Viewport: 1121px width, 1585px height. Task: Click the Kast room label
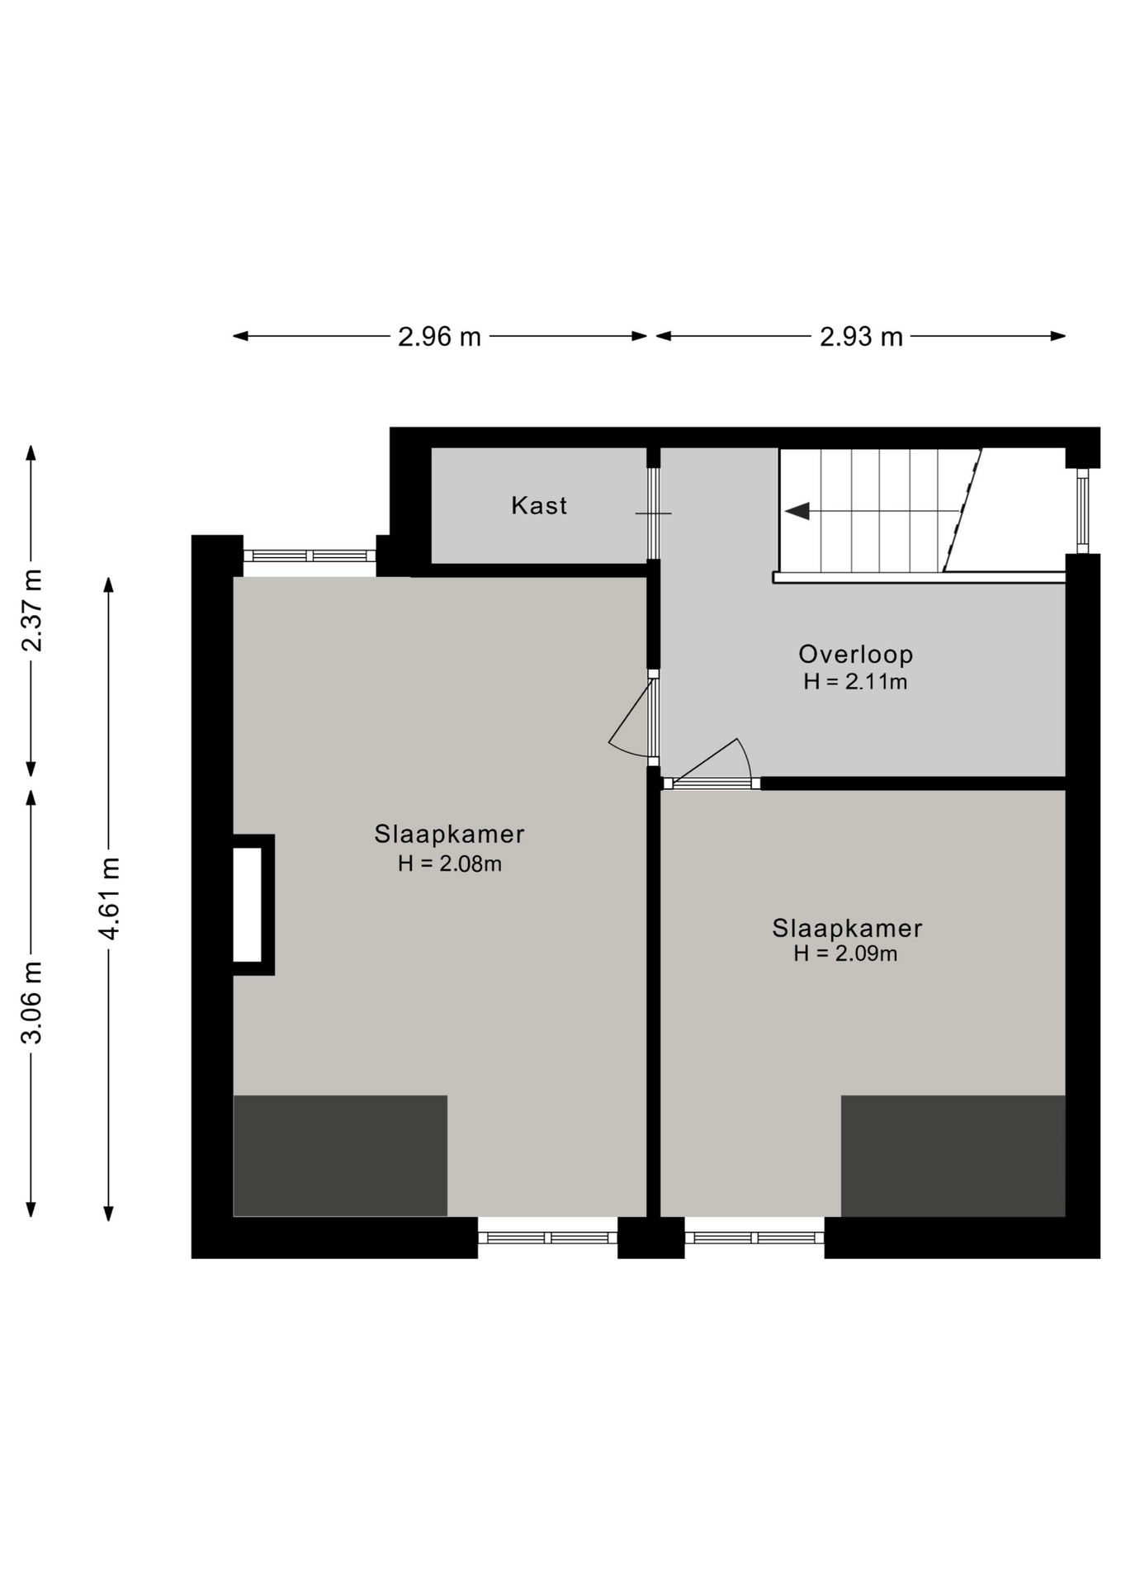coord(539,505)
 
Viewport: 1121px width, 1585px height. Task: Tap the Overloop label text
coord(855,655)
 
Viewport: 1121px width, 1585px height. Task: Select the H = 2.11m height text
coord(855,682)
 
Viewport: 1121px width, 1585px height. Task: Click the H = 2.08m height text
coord(450,864)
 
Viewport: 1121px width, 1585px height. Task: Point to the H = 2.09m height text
coord(845,954)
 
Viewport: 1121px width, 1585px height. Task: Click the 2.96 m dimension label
coord(439,337)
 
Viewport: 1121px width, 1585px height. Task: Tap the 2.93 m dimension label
coord(861,337)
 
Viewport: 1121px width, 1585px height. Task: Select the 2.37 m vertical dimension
coord(31,610)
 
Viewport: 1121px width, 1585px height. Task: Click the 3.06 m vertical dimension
coord(31,1003)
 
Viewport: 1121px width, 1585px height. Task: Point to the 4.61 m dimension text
coord(109,898)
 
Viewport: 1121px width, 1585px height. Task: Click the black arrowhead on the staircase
coord(797,512)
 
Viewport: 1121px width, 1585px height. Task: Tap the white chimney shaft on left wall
coord(247,905)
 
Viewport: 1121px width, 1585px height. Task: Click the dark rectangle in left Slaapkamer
coord(340,1156)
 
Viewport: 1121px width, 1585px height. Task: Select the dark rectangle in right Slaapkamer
coord(953,1156)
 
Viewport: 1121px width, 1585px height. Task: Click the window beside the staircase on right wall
coord(1083,511)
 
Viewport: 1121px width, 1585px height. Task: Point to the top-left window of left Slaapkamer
coord(310,556)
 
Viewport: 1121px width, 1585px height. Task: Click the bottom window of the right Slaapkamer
coord(754,1237)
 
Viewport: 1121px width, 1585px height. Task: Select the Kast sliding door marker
coord(653,513)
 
